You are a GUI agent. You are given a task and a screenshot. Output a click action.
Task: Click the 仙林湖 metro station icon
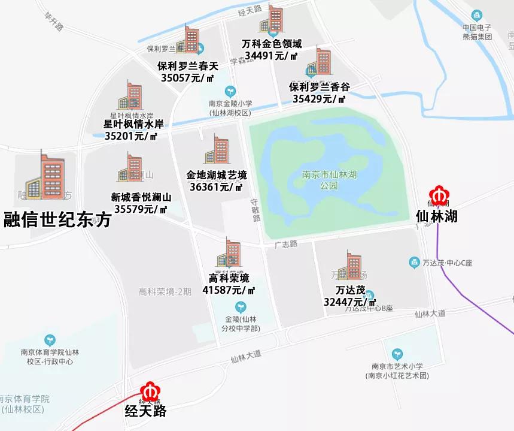point(440,197)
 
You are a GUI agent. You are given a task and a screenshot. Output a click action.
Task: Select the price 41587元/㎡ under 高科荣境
point(229,290)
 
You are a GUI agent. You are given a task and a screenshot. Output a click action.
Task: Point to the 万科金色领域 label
point(272,44)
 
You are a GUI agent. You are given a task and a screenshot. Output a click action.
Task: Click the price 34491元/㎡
point(272,56)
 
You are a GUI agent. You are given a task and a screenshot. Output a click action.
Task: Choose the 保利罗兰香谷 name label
point(319,87)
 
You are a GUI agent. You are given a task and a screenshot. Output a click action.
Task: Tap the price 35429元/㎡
point(319,99)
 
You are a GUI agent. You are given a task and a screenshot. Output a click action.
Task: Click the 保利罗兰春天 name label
point(188,65)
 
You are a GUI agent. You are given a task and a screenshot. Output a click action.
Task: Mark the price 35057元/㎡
point(188,77)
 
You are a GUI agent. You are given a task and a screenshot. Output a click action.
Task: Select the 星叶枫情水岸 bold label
point(133,124)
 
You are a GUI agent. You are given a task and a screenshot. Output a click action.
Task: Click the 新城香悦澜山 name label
point(141,197)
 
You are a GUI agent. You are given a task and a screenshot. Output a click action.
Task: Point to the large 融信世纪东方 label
point(57,220)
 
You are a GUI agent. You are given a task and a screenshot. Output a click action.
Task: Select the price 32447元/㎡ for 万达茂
point(349,302)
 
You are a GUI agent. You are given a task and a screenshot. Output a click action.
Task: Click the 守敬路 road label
point(256,210)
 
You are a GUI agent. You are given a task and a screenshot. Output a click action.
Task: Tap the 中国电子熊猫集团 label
point(477,32)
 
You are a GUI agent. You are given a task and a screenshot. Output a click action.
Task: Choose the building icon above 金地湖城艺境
point(217,150)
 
